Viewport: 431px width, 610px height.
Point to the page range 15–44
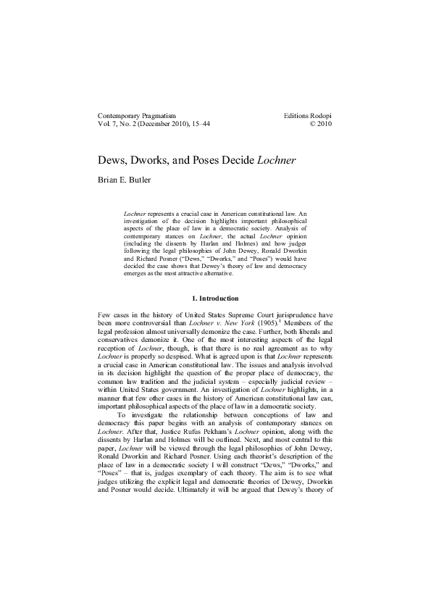[x=211, y=125]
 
